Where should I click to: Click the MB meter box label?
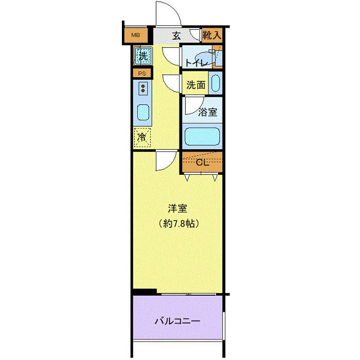point(135,35)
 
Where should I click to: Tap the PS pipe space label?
point(142,74)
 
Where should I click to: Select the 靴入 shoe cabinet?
point(212,35)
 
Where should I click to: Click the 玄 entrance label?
point(176,35)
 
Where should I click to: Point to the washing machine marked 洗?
point(143,56)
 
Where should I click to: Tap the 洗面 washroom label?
point(195,85)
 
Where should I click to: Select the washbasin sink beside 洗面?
point(215,83)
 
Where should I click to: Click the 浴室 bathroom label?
point(208,112)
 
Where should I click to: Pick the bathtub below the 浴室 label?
point(202,136)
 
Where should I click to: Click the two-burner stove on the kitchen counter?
point(143,88)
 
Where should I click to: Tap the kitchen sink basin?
point(143,113)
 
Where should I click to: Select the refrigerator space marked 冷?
point(142,137)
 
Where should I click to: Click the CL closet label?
point(202,163)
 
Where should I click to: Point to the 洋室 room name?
point(177,208)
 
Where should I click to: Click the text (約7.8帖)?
point(178,223)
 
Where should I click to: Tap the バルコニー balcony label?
point(177,321)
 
